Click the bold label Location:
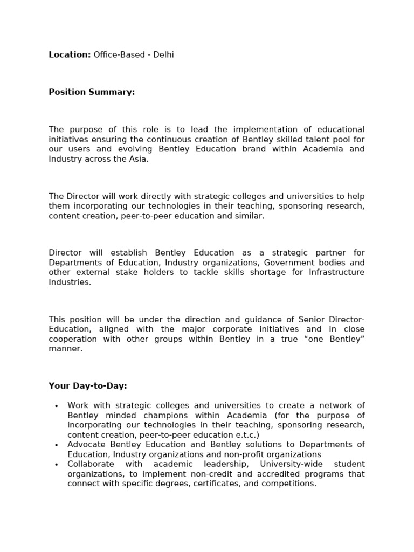tap(70, 55)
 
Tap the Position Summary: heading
tap(92, 92)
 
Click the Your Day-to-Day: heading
tap(88, 386)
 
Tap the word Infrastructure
tap(336, 272)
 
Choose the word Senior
tap(308, 319)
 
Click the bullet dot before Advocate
tap(57, 445)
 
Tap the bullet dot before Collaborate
tap(57, 465)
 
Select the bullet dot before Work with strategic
tap(57, 406)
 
